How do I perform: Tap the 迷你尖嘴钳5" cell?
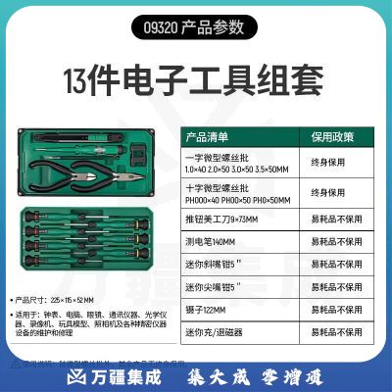213,289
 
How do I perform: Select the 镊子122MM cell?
208,312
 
